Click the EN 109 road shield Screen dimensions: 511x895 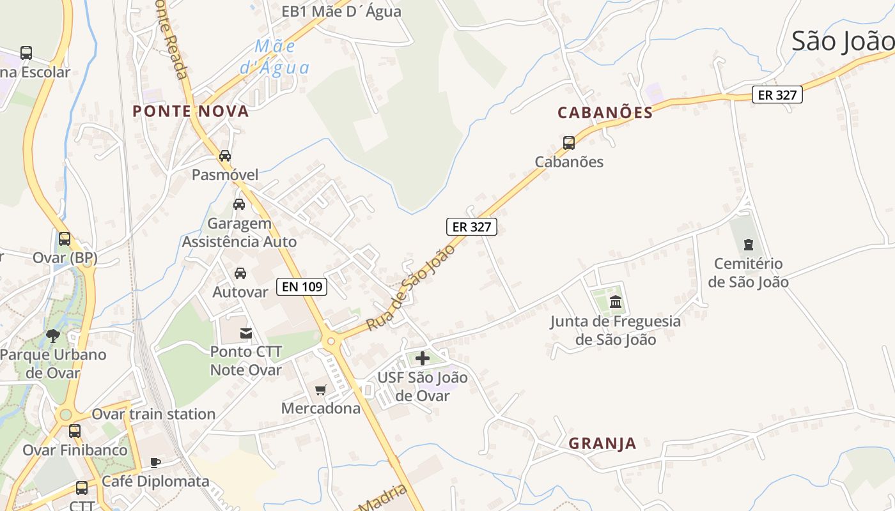(302, 287)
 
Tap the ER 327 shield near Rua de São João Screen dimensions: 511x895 (472, 226)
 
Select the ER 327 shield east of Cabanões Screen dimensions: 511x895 (777, 95)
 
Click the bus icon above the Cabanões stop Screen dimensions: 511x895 (569, 142)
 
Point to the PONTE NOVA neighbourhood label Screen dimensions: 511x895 (191, 111)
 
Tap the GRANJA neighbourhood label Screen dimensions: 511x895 (602, 443)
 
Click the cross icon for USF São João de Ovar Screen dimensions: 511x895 (422, 358)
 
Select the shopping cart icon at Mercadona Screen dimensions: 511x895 (321, 390)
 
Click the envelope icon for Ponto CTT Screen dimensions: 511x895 (246, 333)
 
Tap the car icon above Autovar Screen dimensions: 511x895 (240, 273)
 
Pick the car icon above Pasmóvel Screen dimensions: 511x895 (225, 156)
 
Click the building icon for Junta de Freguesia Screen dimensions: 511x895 (616, 301)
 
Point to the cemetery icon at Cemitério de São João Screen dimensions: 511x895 (749, 244)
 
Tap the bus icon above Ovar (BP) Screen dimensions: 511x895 (65, 239)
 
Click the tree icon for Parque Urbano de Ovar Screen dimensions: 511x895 (53, 335)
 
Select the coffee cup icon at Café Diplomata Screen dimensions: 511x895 (155, 462)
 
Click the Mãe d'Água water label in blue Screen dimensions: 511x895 (274, 56)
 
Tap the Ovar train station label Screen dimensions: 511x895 (153, 414)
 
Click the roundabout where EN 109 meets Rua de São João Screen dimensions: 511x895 (331, 342)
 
